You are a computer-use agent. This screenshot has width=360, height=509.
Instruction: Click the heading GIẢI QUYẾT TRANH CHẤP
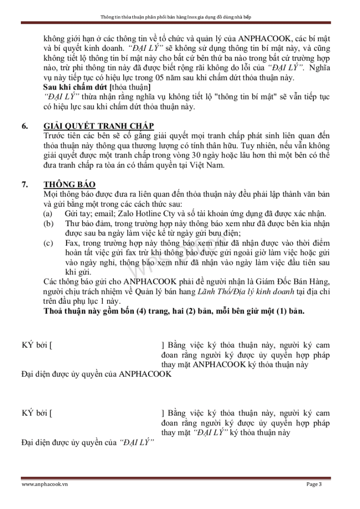pyautogui.click(x=98, y=126)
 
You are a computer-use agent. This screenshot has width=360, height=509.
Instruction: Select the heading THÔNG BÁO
pyautogui.click(x=70, y=184)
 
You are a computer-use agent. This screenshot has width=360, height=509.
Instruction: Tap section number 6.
pyautogui.click(x=24, y=126)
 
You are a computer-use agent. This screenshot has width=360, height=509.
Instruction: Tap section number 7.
pyautogui.click(x=24, y=184)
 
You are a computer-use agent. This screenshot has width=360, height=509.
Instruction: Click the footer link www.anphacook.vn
pyautogui.click(x=45, y=485)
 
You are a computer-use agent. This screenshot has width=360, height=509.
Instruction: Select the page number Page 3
pyautogui.click(x=314, y=485)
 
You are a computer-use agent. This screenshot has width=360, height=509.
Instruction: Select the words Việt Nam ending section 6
pyautogui.click(x=208, y=165)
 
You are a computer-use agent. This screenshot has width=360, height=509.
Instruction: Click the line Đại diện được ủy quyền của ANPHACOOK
pyautogui.click(x=97, y=374)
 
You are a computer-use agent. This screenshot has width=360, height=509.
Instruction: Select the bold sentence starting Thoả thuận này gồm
pyautogui.click(x=174, y=311)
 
